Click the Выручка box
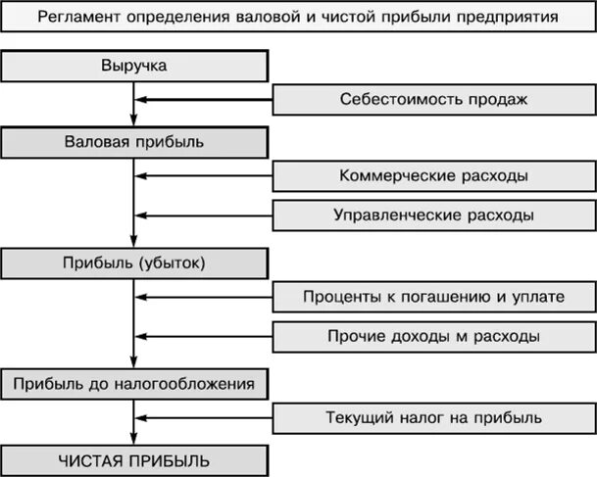click(x=134, y=67)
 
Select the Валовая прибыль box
click(x=134, y=141)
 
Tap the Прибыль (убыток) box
click(x=134, y=262)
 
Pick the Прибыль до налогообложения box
click(x=134, y=383)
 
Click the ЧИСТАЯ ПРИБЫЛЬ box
click(x=134, y=459)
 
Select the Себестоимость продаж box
click(x=433, y=99)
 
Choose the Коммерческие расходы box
click(x=433, y=176)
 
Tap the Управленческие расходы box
click(x=433, y=215)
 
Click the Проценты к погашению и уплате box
click(x=433, y=297)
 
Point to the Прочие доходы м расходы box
click(x=433, y=336)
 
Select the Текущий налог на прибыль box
click(x=433, y=418)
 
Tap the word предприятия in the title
click(x=509, y=18)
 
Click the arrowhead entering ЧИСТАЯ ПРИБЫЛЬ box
click(x=134, y=439)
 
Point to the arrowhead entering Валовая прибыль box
click(x=134, y=120)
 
